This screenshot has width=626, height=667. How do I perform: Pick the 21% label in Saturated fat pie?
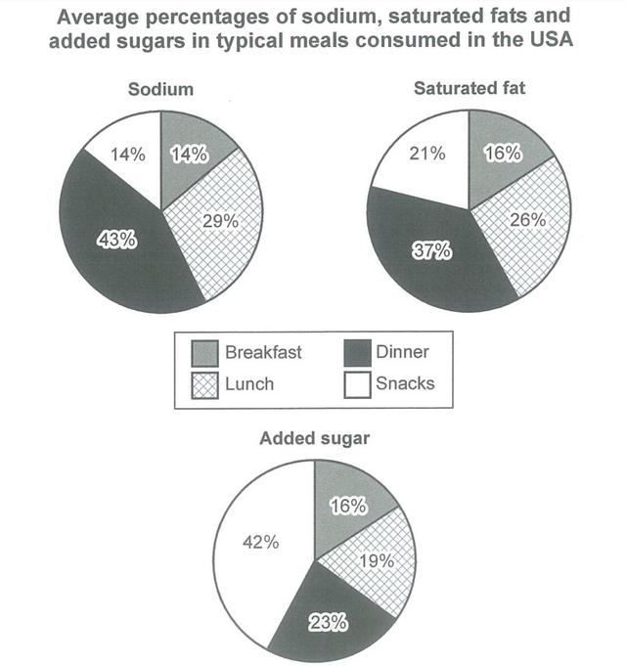(427, 154)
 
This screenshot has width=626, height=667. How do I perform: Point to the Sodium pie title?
(160, 89)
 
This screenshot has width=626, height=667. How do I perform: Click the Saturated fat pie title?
(470, 89)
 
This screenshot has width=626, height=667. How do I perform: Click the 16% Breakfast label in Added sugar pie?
(347, 507)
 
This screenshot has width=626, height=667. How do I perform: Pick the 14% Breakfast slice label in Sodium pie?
(187, 153)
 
